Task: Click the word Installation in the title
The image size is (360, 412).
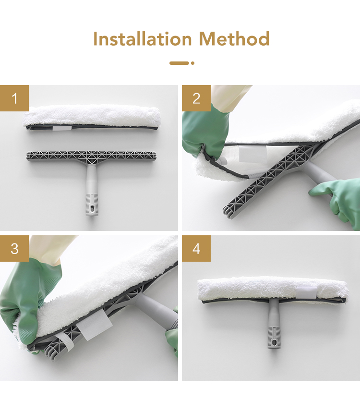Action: tap(143, 38)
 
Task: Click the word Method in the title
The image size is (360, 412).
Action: tap(234, 38)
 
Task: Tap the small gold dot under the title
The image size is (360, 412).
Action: tap(193, 63)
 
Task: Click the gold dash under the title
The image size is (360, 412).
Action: tap(179, 63)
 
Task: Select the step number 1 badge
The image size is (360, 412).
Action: tap(14, 98)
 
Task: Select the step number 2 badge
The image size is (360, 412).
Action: tap(196, 98)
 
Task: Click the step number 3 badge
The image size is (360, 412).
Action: tap(14, 248)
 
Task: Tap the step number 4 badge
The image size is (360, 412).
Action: tap(196, 248)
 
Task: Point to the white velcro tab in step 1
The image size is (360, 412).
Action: tap(62, 128)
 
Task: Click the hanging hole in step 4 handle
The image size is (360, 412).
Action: tap(274, 342)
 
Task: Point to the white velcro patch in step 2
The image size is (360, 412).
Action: tap(253, 154)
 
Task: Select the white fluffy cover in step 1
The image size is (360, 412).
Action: tap(92, 118)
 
